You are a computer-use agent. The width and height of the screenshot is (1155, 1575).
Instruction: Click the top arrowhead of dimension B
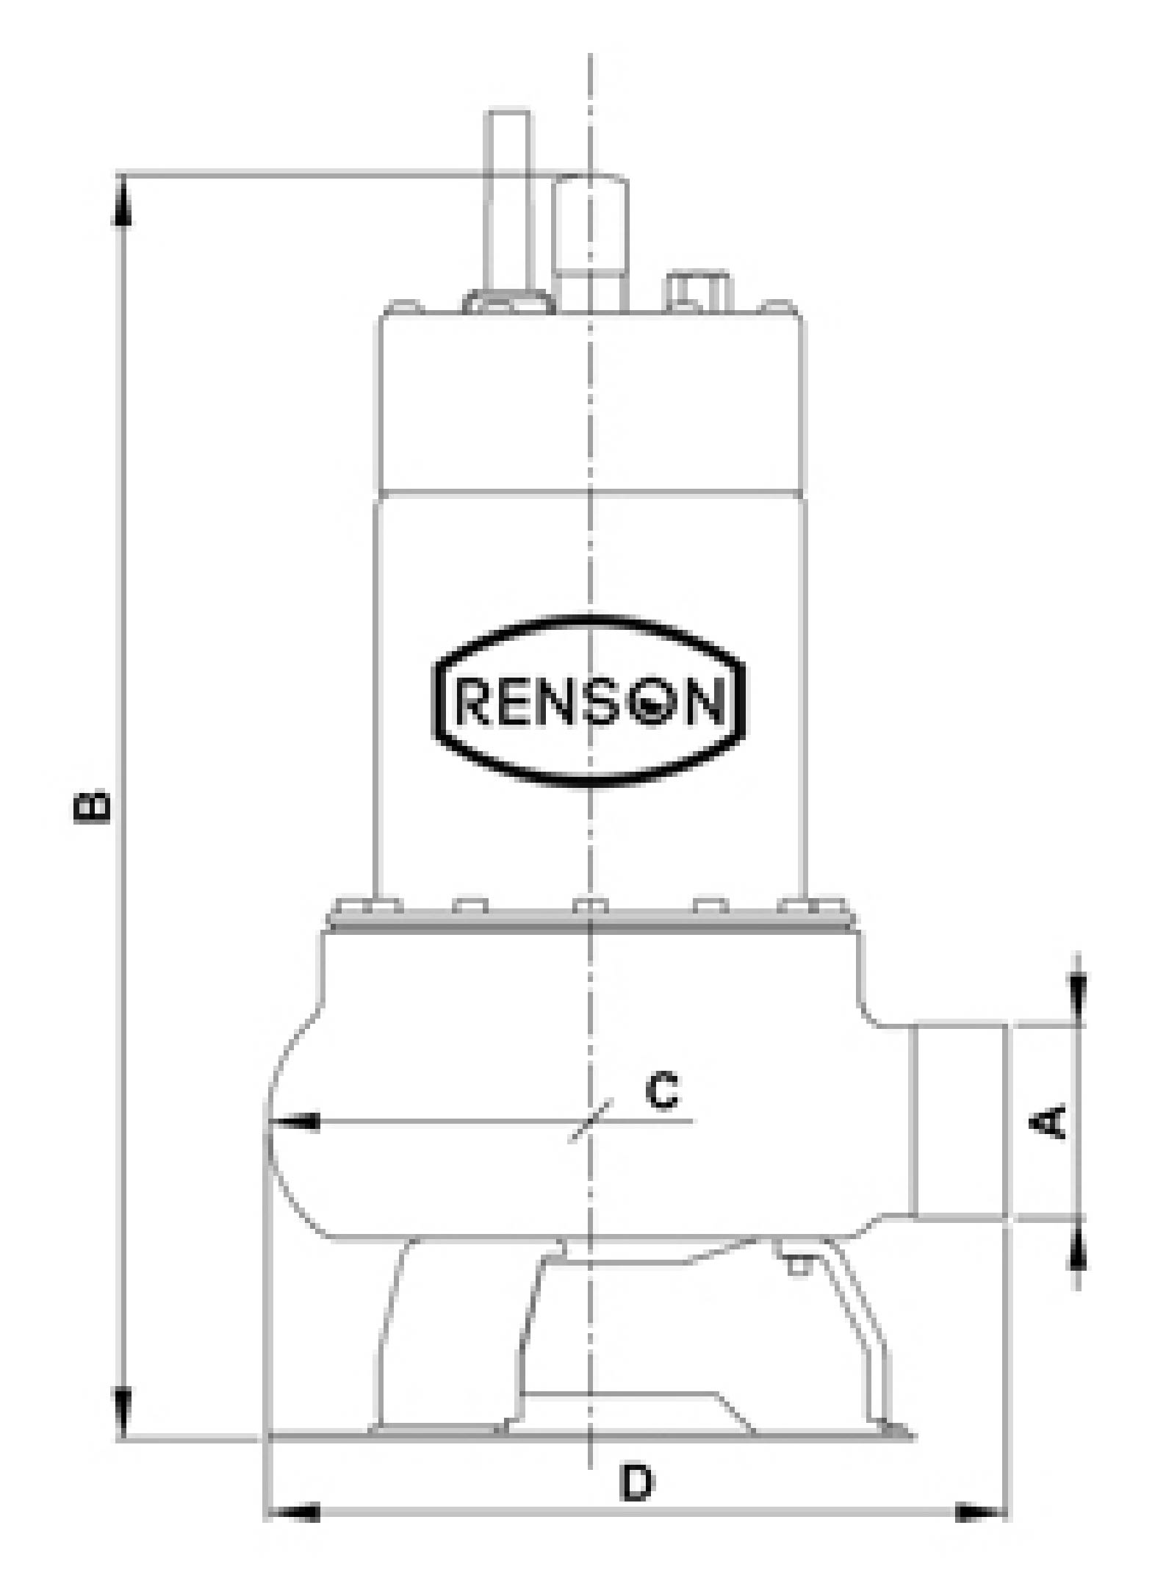[123, 202]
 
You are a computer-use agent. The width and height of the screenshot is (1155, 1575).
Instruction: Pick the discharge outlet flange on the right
[961, 1121]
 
